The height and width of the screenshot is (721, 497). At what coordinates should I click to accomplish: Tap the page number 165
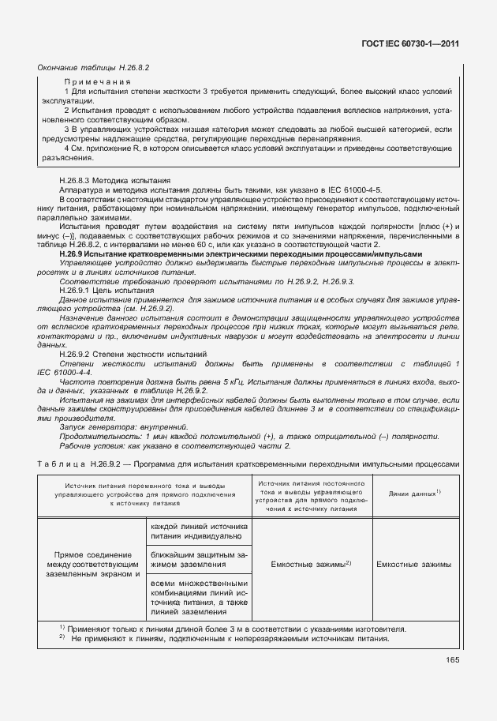pos(452,660)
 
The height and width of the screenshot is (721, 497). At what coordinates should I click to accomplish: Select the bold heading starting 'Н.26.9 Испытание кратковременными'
pos(241,253)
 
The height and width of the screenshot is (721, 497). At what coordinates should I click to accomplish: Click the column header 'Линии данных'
pos(414,494)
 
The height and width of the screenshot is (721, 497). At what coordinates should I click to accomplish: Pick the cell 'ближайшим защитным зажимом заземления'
pos(198,560)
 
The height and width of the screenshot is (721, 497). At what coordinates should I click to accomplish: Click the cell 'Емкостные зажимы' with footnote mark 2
pos(311,565)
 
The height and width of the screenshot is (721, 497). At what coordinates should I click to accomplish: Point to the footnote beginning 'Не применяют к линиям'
pos(229,639)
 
